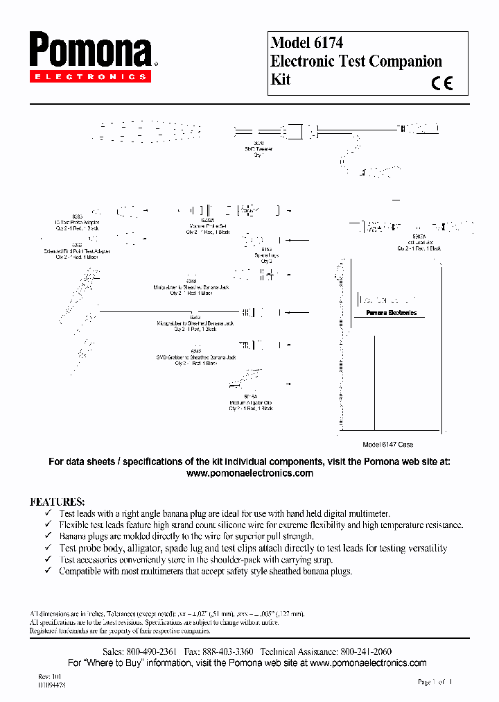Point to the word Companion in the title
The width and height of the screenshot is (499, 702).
(405, 61)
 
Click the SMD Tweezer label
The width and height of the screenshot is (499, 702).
(259, 149)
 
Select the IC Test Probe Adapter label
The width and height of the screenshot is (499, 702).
(77, 223)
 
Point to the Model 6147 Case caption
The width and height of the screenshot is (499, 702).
(388, 445)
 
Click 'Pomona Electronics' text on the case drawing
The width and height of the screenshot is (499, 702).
(391, 313)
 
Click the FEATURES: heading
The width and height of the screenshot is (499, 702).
(58, 501)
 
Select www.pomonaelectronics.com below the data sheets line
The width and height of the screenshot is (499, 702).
(249, 473)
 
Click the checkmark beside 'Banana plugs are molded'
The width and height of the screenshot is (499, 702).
(48, 536)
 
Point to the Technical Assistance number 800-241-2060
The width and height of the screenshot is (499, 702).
(365, 652)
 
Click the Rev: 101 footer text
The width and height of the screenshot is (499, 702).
(50, 676)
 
